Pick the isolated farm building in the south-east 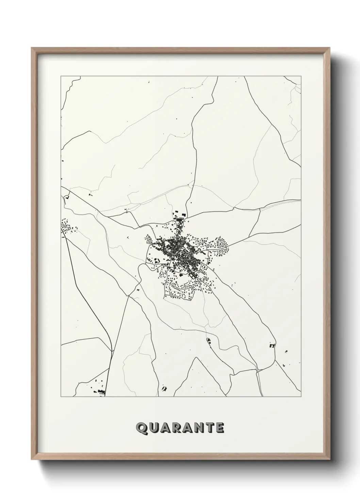click(272, 346)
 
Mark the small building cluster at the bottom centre click(165, 388)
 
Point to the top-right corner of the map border click(301, 76)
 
